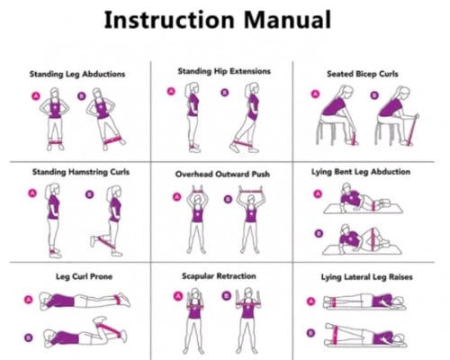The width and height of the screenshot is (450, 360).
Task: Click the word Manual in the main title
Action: [287, 20]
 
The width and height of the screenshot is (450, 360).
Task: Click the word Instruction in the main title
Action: [169, 20]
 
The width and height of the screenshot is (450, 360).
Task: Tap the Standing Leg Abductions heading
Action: [77, 74]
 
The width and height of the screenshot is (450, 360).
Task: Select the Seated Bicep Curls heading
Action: [363, 74]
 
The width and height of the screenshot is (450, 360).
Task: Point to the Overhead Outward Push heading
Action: [222, 174]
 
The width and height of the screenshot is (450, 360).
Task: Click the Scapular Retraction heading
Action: [219, 276]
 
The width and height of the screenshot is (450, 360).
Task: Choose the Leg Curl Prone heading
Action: [85, 276]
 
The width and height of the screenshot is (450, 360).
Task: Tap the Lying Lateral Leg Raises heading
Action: [366, 277]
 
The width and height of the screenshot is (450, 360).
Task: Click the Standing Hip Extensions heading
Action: [224, 71]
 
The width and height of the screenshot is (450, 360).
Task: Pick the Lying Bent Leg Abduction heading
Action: [361, 172]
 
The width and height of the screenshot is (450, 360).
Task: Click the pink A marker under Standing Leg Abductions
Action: [36, 96]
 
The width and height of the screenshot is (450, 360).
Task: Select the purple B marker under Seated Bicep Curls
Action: [373, 95]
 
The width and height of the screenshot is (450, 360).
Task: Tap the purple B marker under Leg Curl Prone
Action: [29, 337]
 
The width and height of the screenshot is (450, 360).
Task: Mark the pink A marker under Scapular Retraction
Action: [178, 296]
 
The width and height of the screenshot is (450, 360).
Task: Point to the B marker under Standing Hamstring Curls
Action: [89, 194]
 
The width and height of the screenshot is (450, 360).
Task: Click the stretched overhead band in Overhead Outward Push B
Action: [251, 192]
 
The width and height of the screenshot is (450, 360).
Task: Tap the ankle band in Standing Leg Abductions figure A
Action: [55, 142]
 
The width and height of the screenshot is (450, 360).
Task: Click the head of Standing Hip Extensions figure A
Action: [192, 88]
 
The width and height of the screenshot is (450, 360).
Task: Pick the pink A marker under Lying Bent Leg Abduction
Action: [318, 194]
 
